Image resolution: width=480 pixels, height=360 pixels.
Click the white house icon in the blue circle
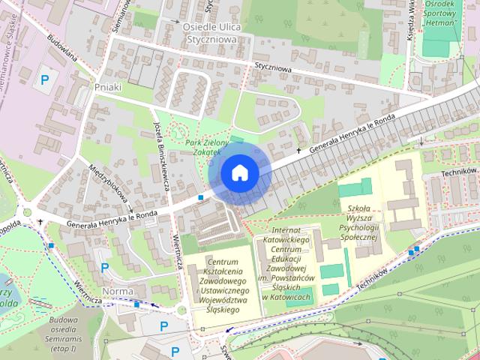(x=239, y=172)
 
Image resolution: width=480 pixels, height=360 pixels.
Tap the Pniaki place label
(x=109, y=87)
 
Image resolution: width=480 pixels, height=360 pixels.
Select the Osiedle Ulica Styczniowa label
(x=209, y=32)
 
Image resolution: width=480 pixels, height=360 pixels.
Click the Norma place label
(x=118, y=291)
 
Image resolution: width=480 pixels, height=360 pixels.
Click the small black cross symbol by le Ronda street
(x=298, y=151)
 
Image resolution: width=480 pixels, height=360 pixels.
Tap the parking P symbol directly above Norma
(x=104, y=267)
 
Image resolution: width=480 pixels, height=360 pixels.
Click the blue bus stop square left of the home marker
(x=201, y=197)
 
